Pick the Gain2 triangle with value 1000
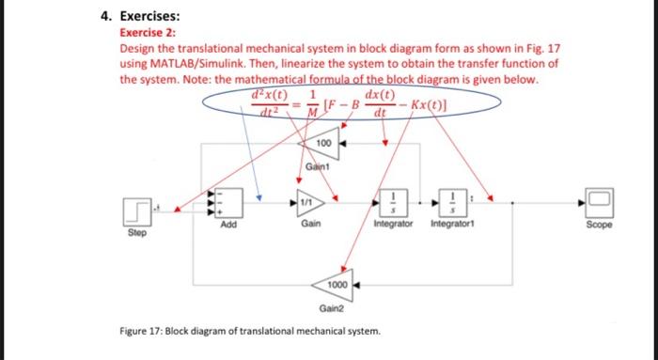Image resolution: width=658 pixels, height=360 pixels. point(336,283)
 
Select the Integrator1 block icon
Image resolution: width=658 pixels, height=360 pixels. point(450,201)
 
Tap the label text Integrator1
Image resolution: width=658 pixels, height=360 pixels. point(452,226)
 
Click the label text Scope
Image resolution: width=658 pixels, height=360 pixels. point(598,226)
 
